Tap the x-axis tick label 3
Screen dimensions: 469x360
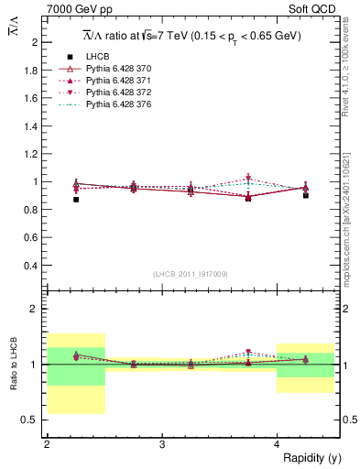pyautogui.click(x=162, y=444)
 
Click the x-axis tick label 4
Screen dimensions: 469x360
pyautogui.click(x=278, y=444)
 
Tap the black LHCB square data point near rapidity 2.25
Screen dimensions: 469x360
pyautogui.click(x=76, y=199)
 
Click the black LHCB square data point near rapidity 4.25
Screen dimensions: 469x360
pyautogui.click(x=306, y=195)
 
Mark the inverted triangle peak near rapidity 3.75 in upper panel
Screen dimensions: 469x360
pyautogui.click(x=248, y=179)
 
